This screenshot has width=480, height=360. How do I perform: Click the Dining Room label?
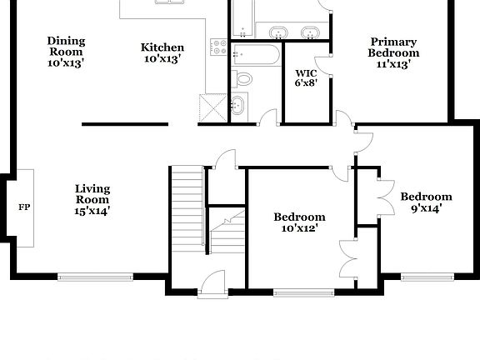65,50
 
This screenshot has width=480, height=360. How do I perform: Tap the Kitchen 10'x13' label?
162,52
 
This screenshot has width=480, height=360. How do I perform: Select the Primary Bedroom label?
393,52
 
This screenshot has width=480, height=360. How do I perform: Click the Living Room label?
92,199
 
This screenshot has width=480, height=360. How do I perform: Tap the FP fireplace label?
23,207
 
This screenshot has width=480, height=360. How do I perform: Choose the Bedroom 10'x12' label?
299,222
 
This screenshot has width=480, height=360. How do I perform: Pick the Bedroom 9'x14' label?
426,202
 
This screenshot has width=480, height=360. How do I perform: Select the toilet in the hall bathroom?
243,79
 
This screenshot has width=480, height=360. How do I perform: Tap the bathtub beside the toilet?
256,57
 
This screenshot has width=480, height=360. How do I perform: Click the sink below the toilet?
237,105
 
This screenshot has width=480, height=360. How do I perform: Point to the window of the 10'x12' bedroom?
298,292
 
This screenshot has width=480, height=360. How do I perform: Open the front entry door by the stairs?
213,283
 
